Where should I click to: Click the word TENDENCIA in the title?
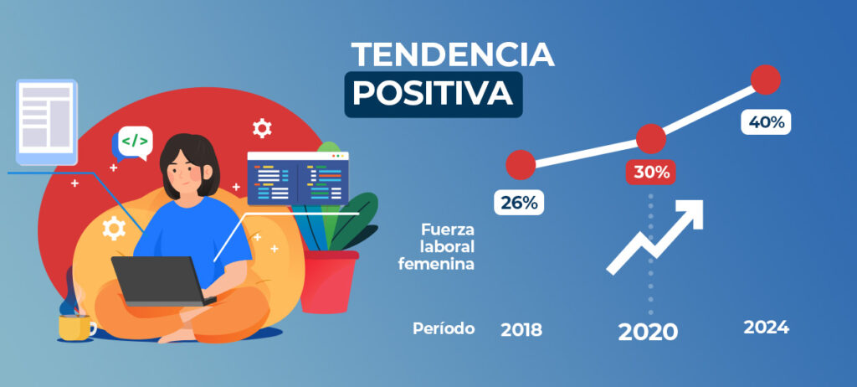tap(453, 54)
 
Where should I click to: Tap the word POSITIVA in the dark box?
tap(433, 94)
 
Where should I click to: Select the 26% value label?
tap(519, 203)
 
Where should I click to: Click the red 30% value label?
tap(651, 173)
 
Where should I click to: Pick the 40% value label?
tap(766, 122)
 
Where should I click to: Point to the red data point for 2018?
tap(521, 165)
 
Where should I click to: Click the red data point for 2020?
tap(651, 138)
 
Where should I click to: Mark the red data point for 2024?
tap(766, 80)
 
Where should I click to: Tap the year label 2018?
tap(521, 329)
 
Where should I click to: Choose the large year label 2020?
tap(648, 332)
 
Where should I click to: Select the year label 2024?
tap(767, 328)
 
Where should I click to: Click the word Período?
tap(444, 328)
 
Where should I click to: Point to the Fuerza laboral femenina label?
tap(436, 247)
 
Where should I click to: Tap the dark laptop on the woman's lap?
tap(162, 281)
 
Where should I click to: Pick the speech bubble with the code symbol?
tap(132, 143)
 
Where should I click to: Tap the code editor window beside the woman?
tap(298, 178)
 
